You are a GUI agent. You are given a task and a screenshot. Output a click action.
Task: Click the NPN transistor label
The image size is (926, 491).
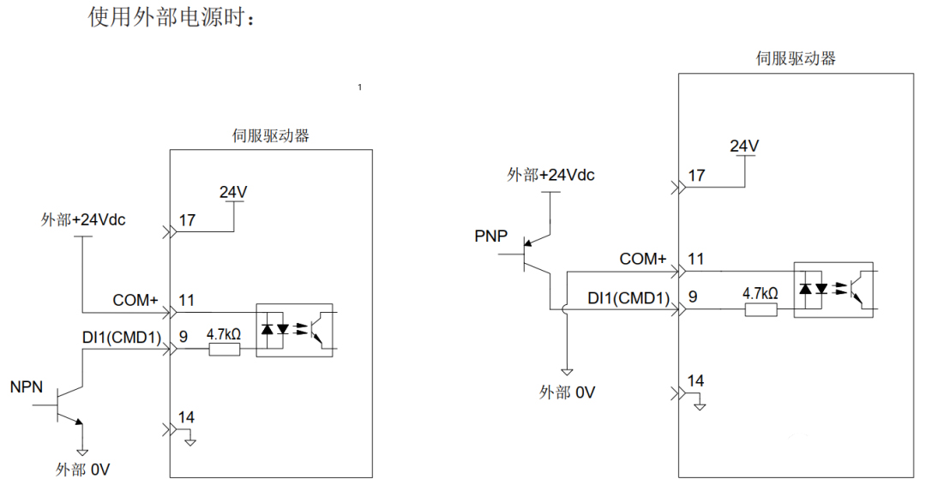coord(27,387)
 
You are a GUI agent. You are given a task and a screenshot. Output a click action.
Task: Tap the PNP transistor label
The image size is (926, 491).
coord(492,236)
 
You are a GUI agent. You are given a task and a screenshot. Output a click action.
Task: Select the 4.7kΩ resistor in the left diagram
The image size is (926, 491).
coord(224,348)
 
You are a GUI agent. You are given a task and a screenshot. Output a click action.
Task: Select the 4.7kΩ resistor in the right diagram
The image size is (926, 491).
coord(760,309)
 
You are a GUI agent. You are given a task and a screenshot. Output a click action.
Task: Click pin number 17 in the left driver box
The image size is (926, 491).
coord(187,220)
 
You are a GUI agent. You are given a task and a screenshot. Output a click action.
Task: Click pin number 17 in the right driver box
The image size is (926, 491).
coord(696,176)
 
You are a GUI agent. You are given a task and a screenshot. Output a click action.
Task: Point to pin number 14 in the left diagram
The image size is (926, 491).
coord(186,417)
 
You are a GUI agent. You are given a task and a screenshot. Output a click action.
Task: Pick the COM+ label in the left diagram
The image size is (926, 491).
coord(135,301)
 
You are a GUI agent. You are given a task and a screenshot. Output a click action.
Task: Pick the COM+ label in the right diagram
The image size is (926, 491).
coord(643,259)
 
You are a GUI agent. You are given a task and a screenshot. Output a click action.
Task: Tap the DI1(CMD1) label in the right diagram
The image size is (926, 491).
coord(628,298)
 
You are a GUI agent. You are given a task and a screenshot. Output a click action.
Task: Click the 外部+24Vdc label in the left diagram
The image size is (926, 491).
coord(83,219)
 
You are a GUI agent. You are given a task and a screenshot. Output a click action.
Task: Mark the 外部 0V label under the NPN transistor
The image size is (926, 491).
coord(83,470)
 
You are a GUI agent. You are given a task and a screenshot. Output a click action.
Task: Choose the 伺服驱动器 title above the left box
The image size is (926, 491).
coord(271,135)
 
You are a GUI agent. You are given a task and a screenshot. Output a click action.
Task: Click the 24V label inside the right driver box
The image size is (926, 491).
coord(744,146)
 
